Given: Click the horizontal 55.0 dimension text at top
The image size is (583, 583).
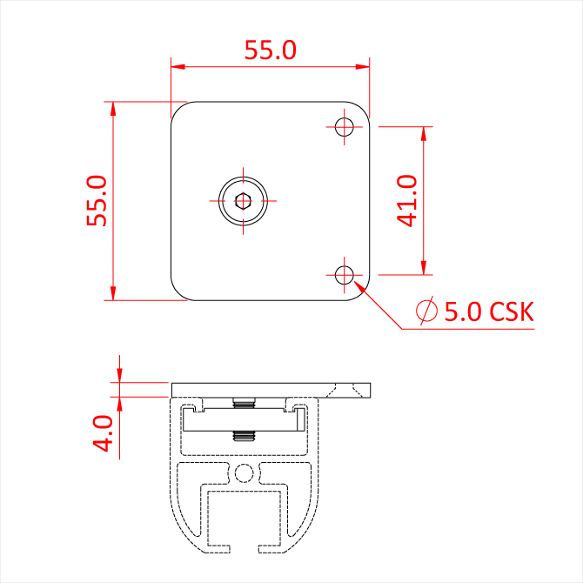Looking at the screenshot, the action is pyautogui.click(x=271, y=50).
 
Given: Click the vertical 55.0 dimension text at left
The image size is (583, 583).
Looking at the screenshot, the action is pyautogui.click(x=97, y=201).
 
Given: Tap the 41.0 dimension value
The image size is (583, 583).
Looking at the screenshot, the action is pyautogui.click(x=406, y=201).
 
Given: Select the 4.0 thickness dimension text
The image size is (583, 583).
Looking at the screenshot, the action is pyautogui.click(x=103, y=433).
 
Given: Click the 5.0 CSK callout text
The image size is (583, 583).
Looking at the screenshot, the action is pyautogui.click(x=489, y=312).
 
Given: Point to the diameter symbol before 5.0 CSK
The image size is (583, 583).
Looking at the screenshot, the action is pyautogui.click(x=426, y=311).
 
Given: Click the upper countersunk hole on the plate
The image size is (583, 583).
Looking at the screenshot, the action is pyautogui.click(x=345, y=127).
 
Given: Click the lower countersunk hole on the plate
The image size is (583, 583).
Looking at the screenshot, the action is pyautogui.click(x=345, y=275).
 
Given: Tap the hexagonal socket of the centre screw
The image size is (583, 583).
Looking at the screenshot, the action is pyautogui.click(x=243, y=201).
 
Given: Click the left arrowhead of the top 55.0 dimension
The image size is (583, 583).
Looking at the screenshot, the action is pyautogui.click(x=178, y=67).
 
